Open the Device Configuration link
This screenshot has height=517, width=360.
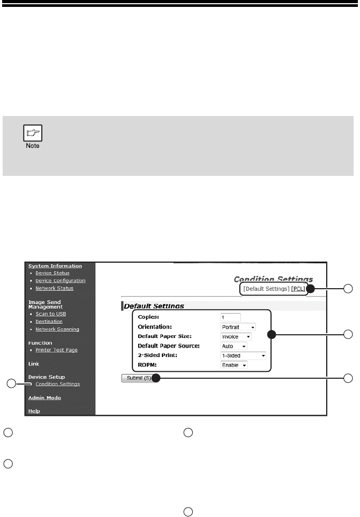pos(61,280)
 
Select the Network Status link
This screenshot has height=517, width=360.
pos(55,288)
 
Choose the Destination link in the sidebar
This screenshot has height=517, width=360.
pos(49,321)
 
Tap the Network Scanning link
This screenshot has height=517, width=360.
pos(57,329)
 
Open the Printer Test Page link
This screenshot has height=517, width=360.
pos(57,350)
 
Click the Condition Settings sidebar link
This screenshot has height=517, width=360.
pos(58,384)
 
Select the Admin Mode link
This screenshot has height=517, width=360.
pos(44,397)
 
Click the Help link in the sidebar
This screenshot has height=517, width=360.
pos(34,411)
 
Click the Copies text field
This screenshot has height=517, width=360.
pos(230,317)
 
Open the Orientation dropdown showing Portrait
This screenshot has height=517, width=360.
pos(238,327)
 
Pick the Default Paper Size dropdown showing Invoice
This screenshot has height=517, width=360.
pos(236,336)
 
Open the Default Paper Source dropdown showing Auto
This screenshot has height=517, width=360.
pos(233,346)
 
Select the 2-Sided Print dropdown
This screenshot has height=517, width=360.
pos(243,356)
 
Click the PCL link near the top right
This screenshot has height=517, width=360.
pos(299,289)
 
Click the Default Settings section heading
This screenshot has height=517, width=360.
pos(155,306)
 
